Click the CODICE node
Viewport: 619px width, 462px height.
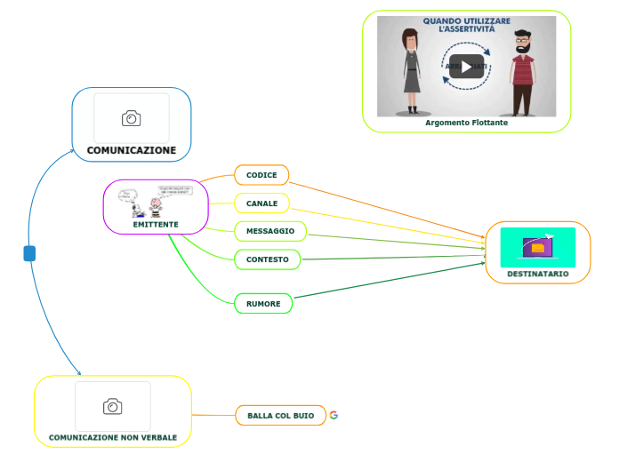click(x=261, y=175)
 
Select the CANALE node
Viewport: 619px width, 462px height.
click(x=261, y=203)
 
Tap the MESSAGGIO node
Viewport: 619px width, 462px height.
click(x=269, y=231)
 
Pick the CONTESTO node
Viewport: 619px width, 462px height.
click(x=267, y=259)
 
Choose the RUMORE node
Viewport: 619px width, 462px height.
click(x=262, y=304)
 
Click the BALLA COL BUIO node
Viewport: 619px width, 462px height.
click(x=280, y=416)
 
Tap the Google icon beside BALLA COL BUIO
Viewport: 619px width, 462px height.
click(x=334, y=415)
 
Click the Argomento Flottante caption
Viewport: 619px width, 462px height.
click(x=466, y=123)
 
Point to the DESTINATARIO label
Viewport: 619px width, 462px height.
click(x=537, y=274)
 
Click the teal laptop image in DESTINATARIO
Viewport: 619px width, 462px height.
click(x=537, y=247)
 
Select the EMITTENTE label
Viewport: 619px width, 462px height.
click(x=156, y=225)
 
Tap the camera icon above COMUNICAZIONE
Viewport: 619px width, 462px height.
click(x=132, y=118)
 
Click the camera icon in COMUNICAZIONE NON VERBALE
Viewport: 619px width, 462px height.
click(x=113, y=407)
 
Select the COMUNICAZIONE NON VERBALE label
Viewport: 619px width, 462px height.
click(x=113, y=437)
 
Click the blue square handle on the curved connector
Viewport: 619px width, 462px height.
click(x=29, y=254)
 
